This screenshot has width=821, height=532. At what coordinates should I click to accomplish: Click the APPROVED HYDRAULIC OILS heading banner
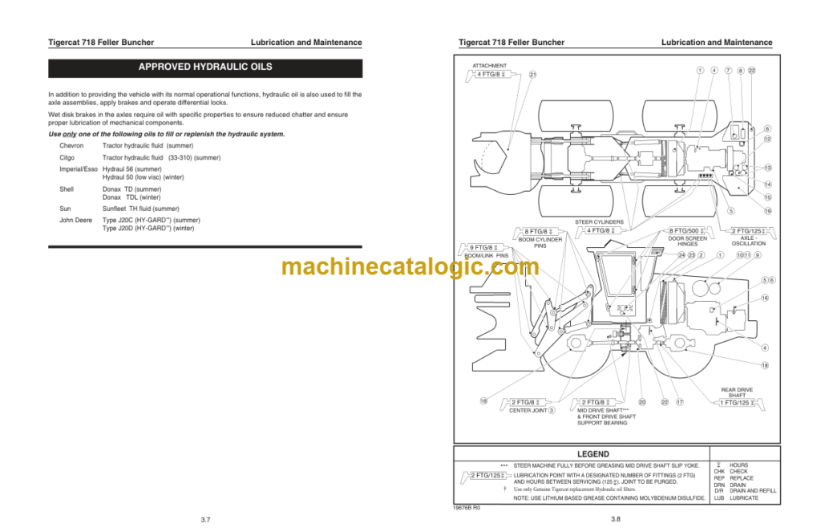click(205, 67)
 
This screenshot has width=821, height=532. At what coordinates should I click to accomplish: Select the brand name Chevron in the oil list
click(73, 145)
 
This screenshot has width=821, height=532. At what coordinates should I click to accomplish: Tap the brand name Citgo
click(68, 157)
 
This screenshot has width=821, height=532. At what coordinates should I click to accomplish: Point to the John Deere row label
click(76, 220)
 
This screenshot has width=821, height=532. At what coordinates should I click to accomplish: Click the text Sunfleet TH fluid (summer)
click(140, 209)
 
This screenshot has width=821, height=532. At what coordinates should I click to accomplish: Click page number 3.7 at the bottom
click(205, 520)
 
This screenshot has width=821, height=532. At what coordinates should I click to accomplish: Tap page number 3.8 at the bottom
click(615, 520)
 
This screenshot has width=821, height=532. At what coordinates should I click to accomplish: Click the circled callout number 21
click(532, 75)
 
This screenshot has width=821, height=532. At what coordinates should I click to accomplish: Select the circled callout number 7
click(728, 71)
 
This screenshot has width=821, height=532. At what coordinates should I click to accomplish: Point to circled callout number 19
click(767, 211)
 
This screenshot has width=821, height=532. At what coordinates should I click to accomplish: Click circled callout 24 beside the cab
click(681, 255)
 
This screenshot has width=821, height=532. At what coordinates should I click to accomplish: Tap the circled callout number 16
click(765, 298)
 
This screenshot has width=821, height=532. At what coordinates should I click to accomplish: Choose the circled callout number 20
click(642, 402)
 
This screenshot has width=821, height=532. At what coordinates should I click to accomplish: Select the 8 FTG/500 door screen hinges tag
click(687, 231)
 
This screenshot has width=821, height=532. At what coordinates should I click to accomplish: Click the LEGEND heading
click(592, 454)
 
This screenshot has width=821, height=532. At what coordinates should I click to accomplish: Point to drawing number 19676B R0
click(466, 507)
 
